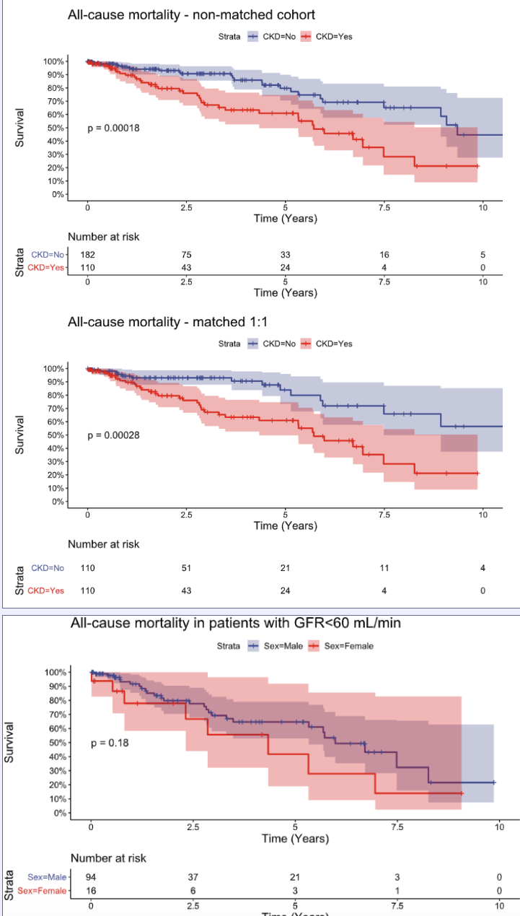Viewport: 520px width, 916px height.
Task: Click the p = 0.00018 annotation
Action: coord(113,128)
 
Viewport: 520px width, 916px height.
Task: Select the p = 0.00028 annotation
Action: coord(113,435)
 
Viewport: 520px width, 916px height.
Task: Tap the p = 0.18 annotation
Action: coord(110,743)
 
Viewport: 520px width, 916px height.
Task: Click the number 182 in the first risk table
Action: coord(87,255)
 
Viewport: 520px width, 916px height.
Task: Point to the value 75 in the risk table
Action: coord(186,255)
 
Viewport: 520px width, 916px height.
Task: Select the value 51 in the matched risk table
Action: coord(186,568)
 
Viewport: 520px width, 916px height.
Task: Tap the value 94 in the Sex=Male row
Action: coord(91,877)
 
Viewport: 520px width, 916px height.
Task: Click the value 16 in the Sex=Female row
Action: coord(91,891)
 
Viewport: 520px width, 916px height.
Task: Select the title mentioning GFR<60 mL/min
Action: coord(236,623)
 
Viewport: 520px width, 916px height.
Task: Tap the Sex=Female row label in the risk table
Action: coord(41,891)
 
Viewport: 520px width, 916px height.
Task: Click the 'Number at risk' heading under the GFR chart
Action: coord(108,858)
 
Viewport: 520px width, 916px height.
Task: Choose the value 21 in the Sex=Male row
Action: coord(295,877)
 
